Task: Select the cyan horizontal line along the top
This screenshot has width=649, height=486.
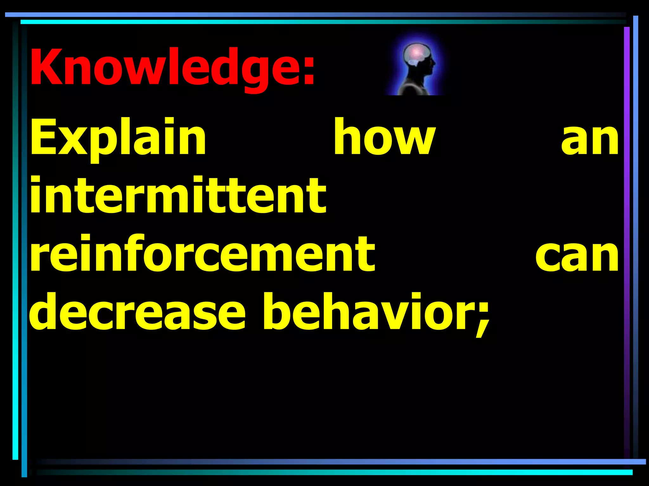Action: (x=317, y=22)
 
